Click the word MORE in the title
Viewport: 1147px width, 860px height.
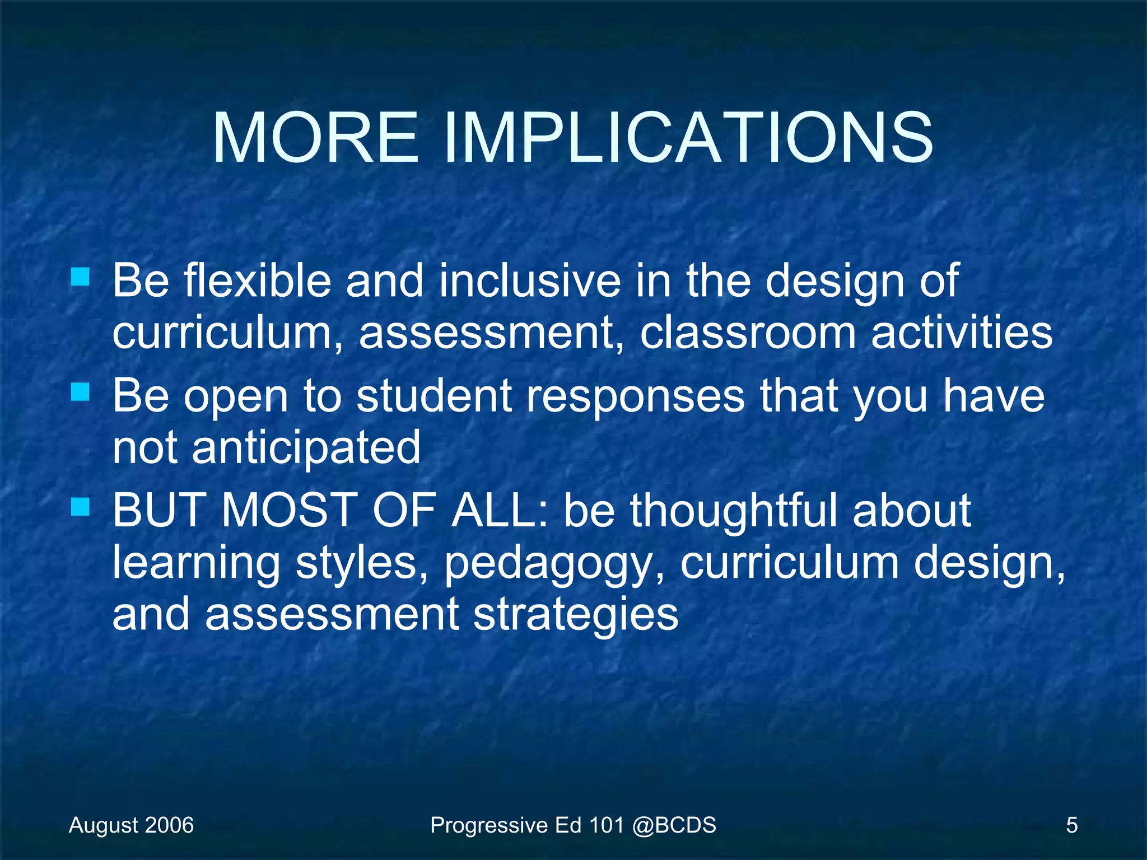(315, 138)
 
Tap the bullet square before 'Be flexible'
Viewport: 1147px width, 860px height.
(80, 277)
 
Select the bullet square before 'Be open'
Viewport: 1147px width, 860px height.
(80, 392)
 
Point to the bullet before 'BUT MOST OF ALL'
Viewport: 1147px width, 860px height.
(80, 507)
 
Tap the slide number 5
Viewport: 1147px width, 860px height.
(1071, 825)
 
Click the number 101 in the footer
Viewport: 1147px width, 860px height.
(606, 825)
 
